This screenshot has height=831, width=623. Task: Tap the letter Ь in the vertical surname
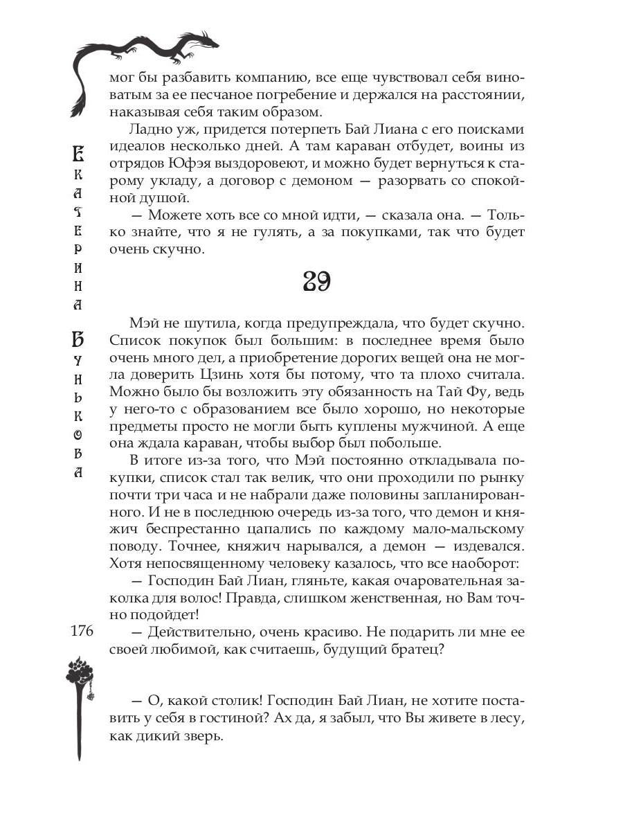pos(79,399)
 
